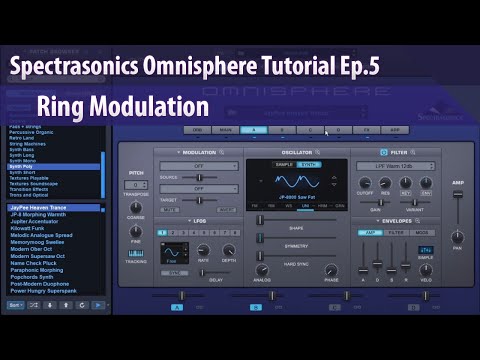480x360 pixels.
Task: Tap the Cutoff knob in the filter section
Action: (x=363, y=181)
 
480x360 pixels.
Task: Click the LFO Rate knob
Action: (x=203, y=250)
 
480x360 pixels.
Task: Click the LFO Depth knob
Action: (x=229, y=250)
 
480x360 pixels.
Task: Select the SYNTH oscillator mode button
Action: (x=310, y=164)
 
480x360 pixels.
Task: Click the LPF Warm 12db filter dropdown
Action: (x=398, y=164)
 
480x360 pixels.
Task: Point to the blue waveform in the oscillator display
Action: (x=300, y=182)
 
